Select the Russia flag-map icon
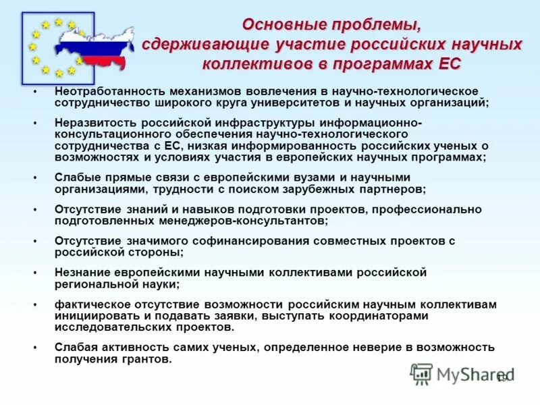tap(94, 47)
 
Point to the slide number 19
tap(502, 379)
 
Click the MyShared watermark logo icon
tap(422, 373)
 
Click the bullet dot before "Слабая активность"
tap(34, 348)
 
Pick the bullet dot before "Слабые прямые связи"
tap(34, 178)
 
